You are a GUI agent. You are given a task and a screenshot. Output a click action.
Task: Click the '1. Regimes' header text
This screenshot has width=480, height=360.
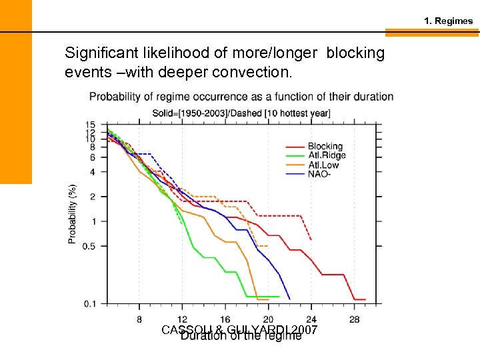tap(448, 21)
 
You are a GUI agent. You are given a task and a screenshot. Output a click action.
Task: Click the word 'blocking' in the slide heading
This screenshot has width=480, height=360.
tap(355, 53)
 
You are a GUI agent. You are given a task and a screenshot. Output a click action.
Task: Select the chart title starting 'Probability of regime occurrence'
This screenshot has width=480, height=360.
tap(241, 97)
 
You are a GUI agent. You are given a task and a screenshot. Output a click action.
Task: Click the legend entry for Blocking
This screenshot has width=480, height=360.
tap(325, 146)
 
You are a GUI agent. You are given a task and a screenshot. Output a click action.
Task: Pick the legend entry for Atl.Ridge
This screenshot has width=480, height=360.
tap(326, 155)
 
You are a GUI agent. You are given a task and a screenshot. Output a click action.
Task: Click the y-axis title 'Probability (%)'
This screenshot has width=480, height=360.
tap(72, 213)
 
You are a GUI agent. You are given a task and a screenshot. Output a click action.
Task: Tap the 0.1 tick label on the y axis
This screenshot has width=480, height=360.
tap(91, 304)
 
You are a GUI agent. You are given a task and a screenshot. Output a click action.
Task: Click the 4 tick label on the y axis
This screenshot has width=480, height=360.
tap(93, 171)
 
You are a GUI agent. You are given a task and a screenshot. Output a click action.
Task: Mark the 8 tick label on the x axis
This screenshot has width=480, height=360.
tap(139, 319)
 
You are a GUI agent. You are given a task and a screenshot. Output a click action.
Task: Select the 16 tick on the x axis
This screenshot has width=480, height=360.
tap(225, 319)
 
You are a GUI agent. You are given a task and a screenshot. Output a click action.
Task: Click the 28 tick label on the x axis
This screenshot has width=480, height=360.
tap(354, 319)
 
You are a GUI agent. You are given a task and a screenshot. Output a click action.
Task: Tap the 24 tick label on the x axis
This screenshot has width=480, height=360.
tap(311, 319)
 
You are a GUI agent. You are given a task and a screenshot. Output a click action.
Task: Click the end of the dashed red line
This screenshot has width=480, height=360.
tap(311, 239)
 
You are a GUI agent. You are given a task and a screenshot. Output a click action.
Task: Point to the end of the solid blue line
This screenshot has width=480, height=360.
tap(289, 299)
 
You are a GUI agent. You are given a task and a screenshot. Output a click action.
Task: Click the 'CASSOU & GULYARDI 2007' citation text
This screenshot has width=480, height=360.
tap(240, 331)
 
